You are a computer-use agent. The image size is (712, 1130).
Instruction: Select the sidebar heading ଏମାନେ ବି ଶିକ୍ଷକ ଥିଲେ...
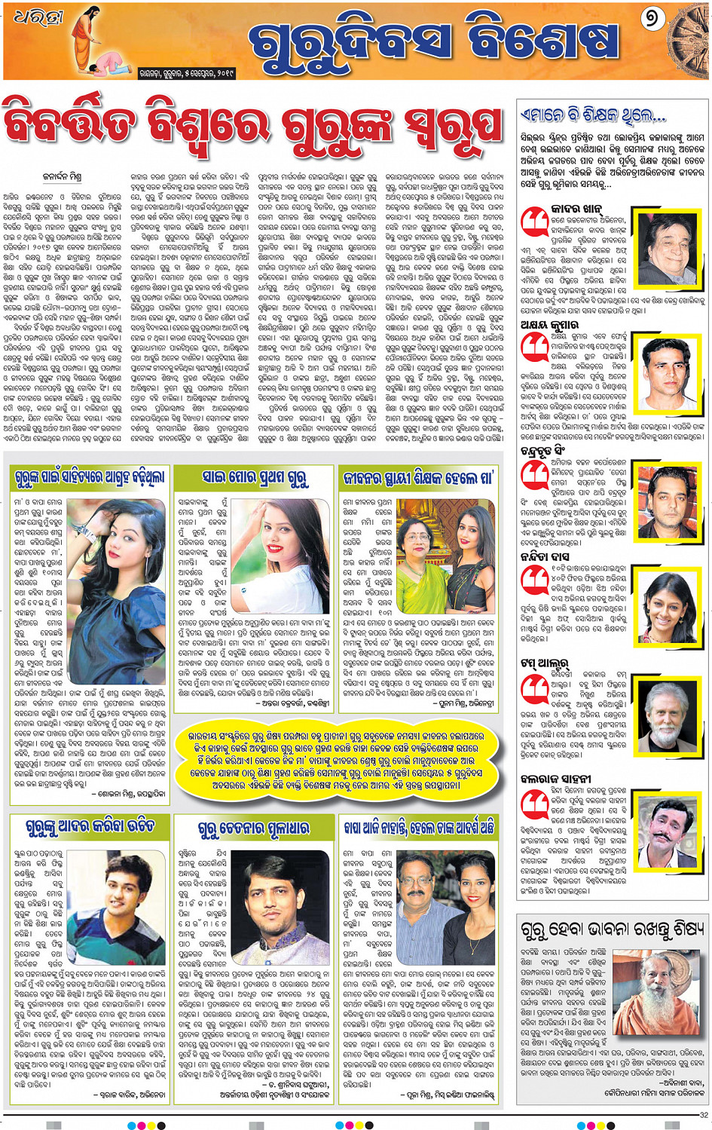click(594, 116)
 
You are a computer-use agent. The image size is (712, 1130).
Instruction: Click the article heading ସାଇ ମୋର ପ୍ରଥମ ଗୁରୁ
click(255, 477)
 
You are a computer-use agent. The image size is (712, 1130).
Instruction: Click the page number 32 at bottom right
click(704, 1115)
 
